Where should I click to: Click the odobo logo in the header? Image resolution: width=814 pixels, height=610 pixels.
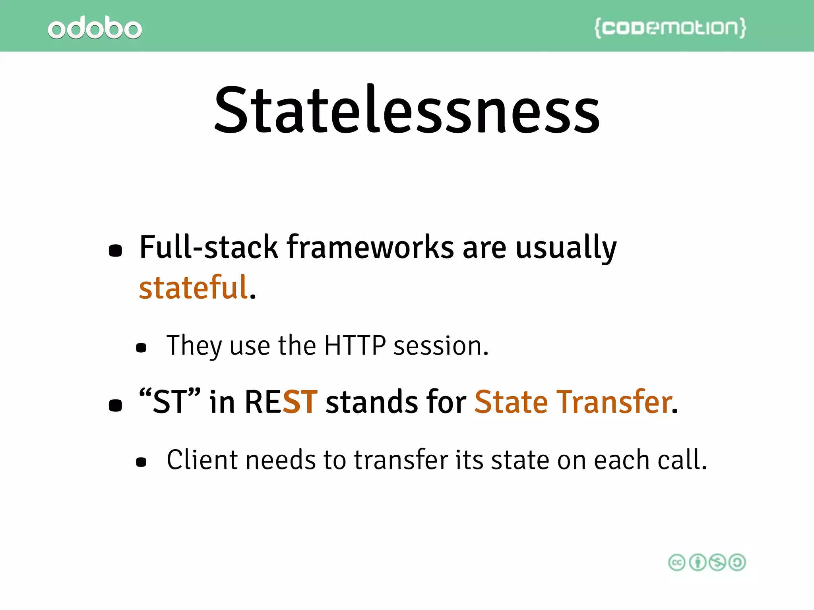[95, 27]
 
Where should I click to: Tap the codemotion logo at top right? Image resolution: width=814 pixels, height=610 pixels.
[670, 27]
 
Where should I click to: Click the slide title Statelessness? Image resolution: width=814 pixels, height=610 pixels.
[407, 110]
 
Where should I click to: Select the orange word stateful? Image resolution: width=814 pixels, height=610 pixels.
[194, 287]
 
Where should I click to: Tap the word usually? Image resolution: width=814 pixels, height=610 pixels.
[566, 248]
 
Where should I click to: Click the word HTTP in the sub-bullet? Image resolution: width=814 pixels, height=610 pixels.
[355, 345]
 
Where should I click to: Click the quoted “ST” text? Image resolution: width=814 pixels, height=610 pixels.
[170, 402]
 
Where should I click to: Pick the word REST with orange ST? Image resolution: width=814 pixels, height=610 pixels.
[281, 402]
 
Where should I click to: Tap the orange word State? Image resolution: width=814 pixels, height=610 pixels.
[511, 402]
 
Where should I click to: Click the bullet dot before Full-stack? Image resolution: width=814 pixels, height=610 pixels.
[115, 251]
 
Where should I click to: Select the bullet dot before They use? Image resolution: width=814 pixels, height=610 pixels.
[141, 348]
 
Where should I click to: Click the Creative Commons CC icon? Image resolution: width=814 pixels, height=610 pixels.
[677, 562]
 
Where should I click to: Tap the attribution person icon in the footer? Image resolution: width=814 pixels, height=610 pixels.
[697, 562]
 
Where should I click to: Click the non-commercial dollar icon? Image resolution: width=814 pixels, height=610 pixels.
[717, 562]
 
